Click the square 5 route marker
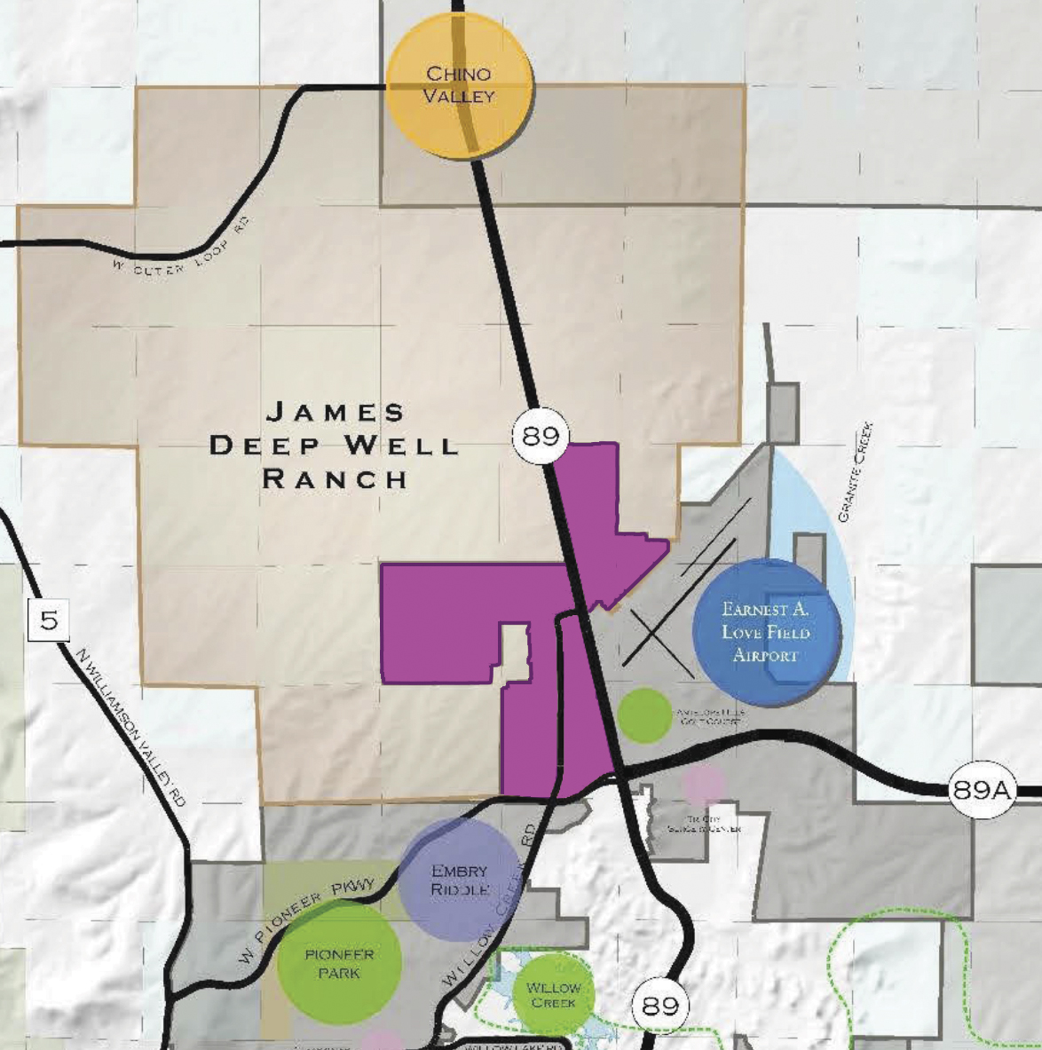click(x=48, y=620)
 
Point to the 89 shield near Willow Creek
click(x=659, y=1005)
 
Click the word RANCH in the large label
click(x=335, y=478)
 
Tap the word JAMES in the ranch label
click(x=335, y=412)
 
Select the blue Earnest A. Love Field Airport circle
click(x=765, y=632)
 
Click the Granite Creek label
click(x=855, y=472)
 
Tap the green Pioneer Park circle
click(x=339, y=963)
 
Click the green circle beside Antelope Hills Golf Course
click(x=644, y=714)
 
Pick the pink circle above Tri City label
click(x=703, y=785)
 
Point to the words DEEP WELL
click(x=335, y=445)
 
